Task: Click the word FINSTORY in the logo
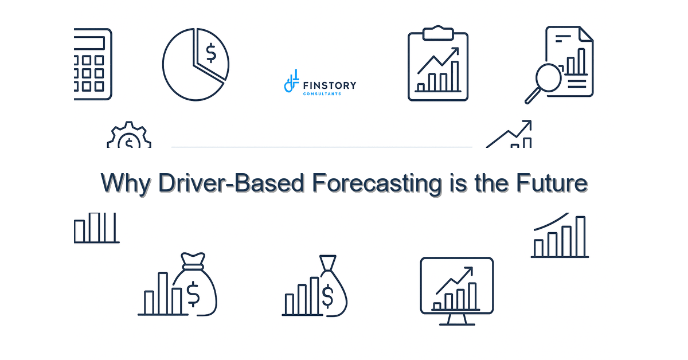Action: click(330, 85)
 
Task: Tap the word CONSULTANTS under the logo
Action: click(322, 94)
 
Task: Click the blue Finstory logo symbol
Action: click(291, 81)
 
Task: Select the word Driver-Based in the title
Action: click(231, 183)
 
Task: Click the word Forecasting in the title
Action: click(377, 183)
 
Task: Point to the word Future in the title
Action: click(552, 183)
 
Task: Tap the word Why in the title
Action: click(126, 183)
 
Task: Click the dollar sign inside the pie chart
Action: click(211, 53)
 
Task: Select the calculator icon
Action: click(93, 64)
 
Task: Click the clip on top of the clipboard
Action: click(438, 33)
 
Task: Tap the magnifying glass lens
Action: click(549, 77)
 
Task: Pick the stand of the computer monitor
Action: click(457, 319)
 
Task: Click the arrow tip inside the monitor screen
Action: click(470, 269)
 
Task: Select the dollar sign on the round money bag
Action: click(193, 294)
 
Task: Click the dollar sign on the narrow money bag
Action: click(327, 296)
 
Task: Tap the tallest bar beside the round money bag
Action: click(163, 294)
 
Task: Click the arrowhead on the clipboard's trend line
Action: click(455, 50)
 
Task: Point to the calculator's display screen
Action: click(89, 43)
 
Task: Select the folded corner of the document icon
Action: click(586, 34)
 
